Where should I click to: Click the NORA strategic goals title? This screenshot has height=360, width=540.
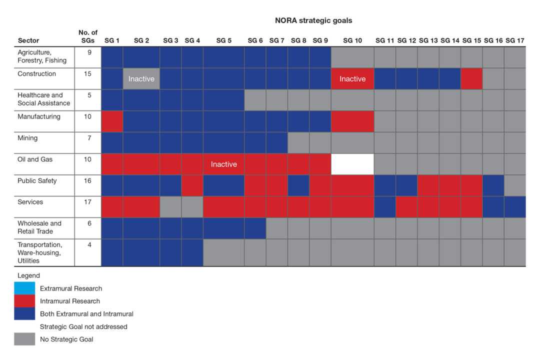(313, 20)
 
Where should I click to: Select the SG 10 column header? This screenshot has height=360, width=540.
(352, 40)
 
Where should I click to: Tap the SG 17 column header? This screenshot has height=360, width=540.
(514, 40)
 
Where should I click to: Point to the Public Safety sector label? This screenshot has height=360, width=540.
(37, 181)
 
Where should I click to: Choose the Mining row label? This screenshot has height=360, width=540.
(27, 138)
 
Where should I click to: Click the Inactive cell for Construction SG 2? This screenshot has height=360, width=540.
(141, 79)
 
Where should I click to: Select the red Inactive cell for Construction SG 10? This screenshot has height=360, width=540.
(352, 79)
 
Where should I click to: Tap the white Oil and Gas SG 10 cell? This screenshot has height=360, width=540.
(352, 164)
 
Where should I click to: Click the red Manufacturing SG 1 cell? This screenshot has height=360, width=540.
(112, 121)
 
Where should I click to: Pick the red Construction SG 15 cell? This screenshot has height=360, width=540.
(471, 79)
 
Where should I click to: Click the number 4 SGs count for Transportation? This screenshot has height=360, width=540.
(89, 245)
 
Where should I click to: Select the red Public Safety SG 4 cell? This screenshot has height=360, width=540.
(192, 185)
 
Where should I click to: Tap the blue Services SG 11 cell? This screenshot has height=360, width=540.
(384, 207)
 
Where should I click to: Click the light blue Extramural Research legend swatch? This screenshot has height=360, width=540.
(24, 288)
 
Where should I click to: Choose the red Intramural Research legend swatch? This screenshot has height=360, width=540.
(24, 301)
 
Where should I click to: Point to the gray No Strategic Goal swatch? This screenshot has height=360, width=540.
(24, 339)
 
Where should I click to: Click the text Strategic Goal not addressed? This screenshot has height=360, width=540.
(83, 326)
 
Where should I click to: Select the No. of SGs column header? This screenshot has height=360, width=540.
(88, 36)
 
